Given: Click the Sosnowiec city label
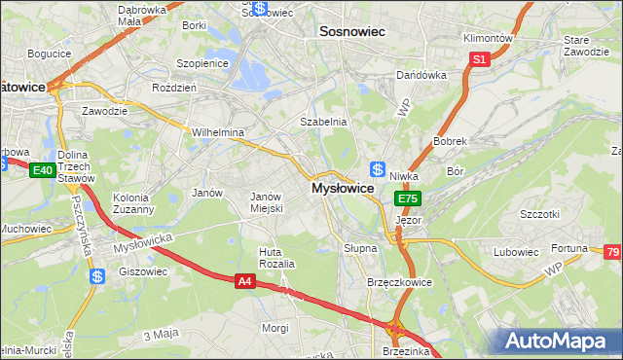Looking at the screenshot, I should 352,32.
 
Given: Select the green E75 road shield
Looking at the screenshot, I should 408,198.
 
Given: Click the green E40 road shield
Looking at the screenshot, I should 41,170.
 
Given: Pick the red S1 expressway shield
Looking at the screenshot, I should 479,60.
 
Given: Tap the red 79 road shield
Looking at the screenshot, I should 612,253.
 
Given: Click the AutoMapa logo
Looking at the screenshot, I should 560,342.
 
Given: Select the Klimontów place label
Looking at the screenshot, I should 487,38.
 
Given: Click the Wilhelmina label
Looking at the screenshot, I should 217,132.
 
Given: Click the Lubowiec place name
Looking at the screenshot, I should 515,252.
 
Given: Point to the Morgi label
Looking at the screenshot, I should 275,328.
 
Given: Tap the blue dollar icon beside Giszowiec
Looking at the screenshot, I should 96,276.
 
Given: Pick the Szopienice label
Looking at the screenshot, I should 201,63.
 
